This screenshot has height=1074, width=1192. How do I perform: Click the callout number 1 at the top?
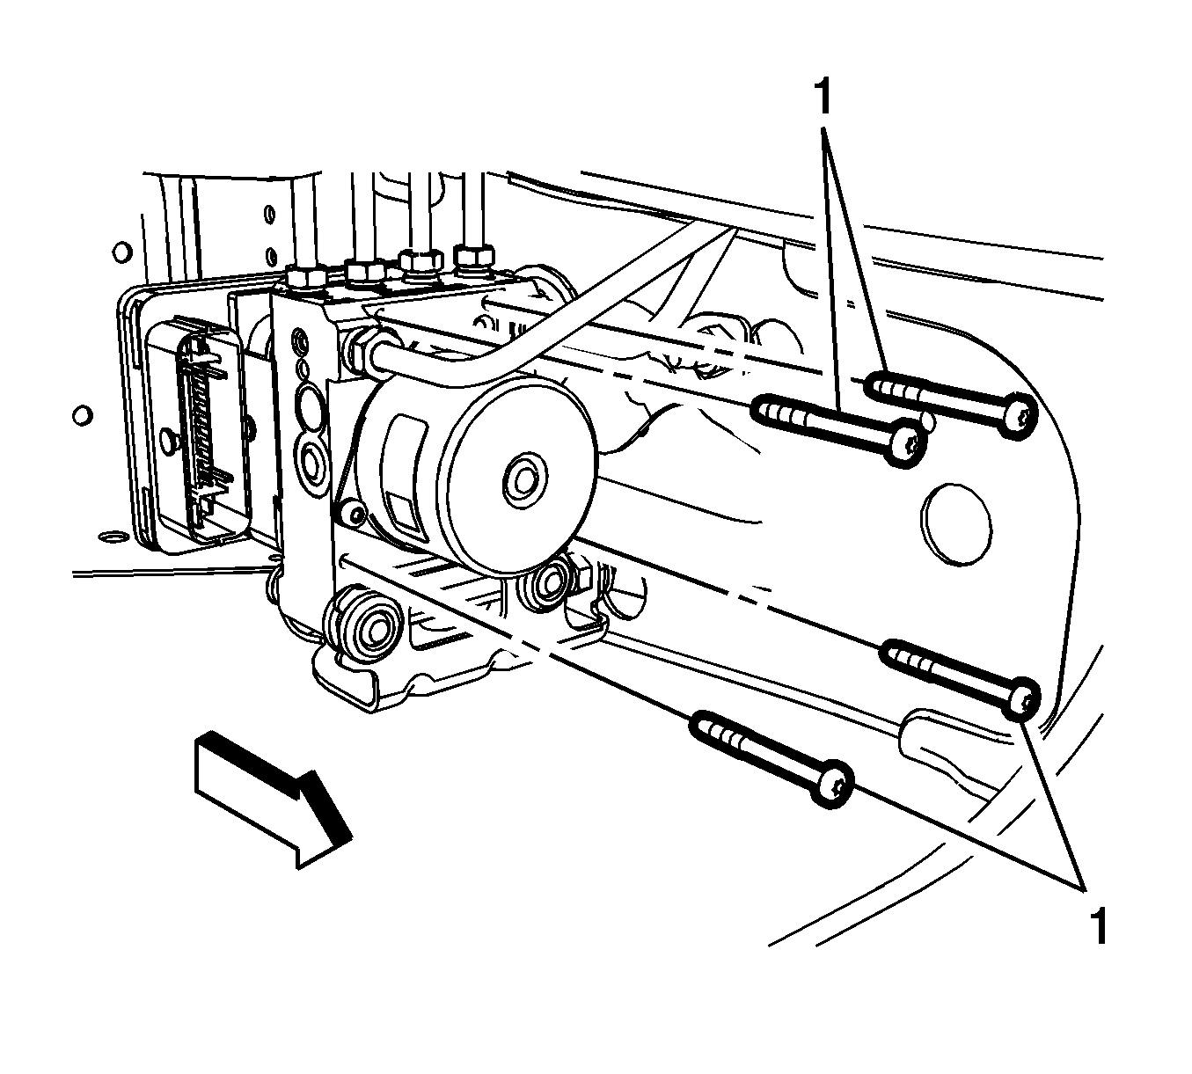click(x=823, y=97)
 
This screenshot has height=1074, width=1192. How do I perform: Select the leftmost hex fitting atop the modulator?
click(x=305, y=278)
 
